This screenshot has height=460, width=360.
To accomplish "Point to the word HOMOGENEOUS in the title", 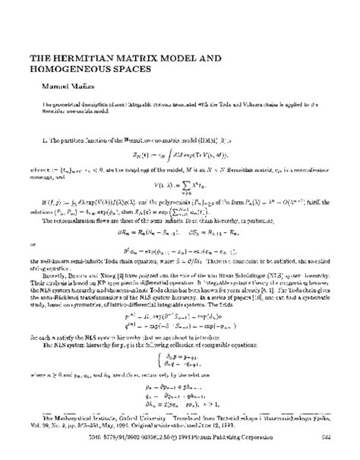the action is [74, 68].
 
